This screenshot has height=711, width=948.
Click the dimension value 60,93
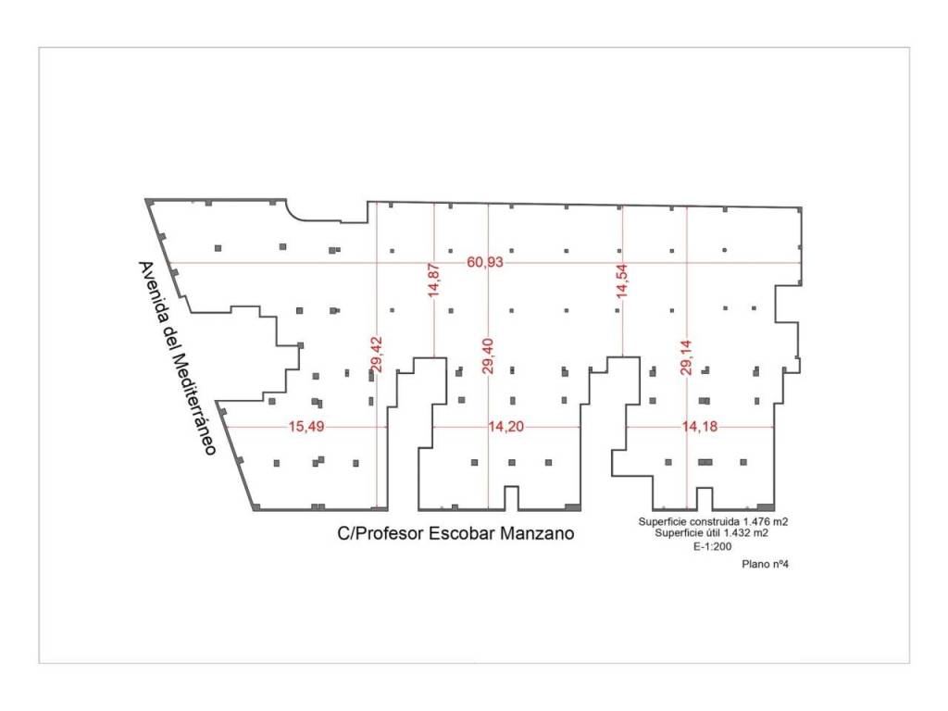coord(485,263)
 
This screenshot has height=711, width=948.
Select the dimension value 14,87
coord(433,279)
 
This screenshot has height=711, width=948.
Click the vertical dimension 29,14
coord(686,355)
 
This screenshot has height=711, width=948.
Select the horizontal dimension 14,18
coord(698,427)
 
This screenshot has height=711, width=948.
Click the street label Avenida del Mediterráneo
coord(176,357)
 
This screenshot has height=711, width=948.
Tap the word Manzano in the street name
coord(537,534)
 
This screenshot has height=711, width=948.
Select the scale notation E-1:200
coord(712,547)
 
